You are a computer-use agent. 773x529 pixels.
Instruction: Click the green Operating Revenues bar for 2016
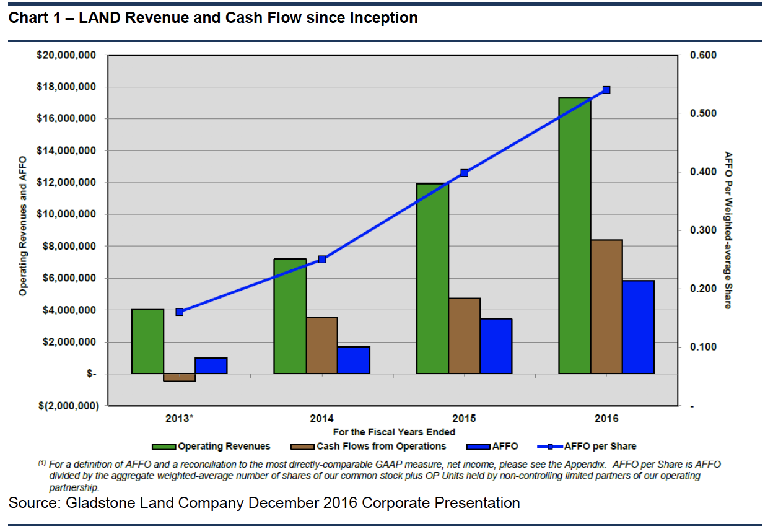point(574,235)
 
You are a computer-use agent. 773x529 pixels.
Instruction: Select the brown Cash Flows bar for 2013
point(180,377)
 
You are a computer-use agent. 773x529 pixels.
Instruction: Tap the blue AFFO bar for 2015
point(496,346)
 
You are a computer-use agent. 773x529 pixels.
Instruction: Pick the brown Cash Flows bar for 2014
point(322,345)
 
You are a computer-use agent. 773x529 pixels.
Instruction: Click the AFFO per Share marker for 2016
point(606,90)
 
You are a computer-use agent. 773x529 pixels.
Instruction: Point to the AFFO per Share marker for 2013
point(180,312)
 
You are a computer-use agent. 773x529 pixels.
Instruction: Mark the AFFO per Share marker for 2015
point(465,173)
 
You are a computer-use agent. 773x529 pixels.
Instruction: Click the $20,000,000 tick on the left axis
point(66,55)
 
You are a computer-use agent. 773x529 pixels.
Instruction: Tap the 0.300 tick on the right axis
point(702,230)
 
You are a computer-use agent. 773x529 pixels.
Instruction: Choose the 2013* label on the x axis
point(180,418)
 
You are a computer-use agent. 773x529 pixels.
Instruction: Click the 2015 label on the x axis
point(465,418)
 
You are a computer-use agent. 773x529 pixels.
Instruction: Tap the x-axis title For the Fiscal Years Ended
point(394,432)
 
